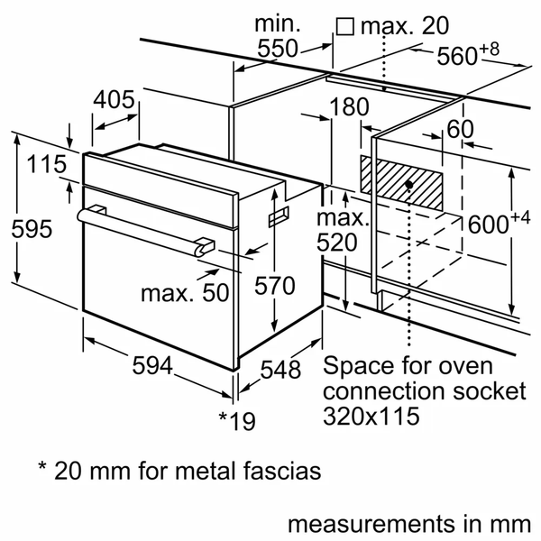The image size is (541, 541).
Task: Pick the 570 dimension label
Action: (x=273, y=287)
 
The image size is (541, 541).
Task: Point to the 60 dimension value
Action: (x=460, y=129)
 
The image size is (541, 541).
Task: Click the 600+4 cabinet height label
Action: (x=495, y=225)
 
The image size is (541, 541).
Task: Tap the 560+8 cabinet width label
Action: (x=468, y=55)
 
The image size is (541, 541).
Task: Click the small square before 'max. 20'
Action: (x=344, y=27)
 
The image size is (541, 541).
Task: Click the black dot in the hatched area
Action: (x=409, y=184)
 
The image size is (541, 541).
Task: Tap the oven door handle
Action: (x=144, y=229)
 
